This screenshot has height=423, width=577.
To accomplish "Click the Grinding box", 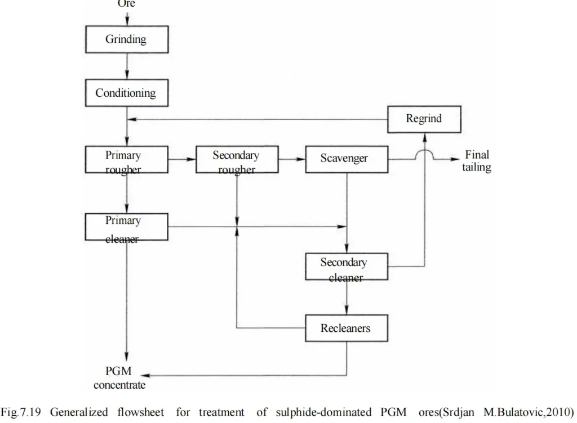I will pos(127,39).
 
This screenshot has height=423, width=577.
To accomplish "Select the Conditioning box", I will pos(127,93).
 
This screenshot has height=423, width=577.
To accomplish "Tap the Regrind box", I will pos(424,119).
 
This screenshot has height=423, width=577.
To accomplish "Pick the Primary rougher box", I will pos(127,160).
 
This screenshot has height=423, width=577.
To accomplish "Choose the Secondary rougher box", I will pos(237,160).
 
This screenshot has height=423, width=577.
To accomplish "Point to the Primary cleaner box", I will pos(127,227).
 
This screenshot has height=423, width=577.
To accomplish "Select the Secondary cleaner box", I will pos(346,267).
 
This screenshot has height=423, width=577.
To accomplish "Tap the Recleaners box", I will pos(346,327).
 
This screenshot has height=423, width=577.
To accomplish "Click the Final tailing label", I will pos(477,161).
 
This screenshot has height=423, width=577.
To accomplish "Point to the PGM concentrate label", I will pos(119,379).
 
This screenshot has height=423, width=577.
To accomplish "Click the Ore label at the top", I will pos(126,4).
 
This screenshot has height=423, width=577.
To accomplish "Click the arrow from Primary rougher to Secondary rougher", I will pos(182,160).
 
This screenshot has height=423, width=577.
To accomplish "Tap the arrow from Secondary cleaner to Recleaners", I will pos(346,297).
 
